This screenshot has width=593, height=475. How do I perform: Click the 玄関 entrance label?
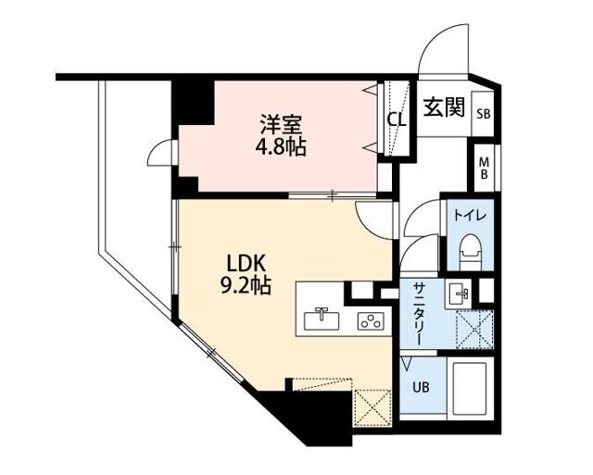(x=444, y=107)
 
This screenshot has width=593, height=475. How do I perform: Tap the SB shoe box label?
(x=483, y=114)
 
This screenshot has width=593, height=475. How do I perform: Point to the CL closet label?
(x=396, y=119)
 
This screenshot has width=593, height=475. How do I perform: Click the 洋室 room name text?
(x=282, y=123)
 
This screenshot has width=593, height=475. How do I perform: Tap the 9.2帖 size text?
(x=245, y=285)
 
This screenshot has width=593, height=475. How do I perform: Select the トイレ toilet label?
(x=466, y=215)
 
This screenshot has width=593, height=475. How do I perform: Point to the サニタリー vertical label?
(x=418, y=315)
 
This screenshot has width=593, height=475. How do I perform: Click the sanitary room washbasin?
(x=461, y=294)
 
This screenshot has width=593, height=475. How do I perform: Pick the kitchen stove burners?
(x=372, y=321)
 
